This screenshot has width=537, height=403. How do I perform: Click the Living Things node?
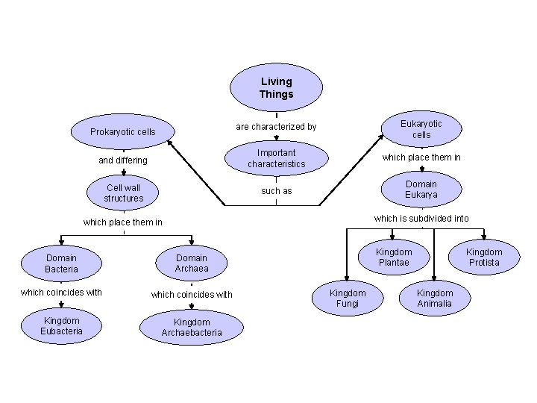click(x=277, y=88)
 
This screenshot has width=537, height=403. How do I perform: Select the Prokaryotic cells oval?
click(x=123, y=132)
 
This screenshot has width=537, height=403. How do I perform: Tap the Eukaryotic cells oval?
click(x=421, y=128)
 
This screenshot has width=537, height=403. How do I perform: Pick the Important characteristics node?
click(x=277, y=158)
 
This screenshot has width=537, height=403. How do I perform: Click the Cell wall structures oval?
click(x=124, y=193)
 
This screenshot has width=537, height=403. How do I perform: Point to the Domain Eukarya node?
click(x=421, y=190)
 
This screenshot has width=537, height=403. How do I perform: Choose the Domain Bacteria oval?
click(x=62, y=263)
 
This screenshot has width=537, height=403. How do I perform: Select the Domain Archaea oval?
click(x=192, y=263)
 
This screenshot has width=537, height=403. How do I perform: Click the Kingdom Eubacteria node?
click(x=62, y=325)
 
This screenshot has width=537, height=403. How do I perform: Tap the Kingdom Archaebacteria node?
click(x=192, y=328)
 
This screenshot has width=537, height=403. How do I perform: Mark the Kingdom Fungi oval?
click(x=348, y=299)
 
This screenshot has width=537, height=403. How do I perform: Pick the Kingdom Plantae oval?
click(x=394, y=257)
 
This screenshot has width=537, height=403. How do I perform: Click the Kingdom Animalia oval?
click(x=435, y=299)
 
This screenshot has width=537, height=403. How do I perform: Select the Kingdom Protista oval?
click(x=484, y=257)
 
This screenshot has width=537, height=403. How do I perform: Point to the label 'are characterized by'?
click(x=276, y=127)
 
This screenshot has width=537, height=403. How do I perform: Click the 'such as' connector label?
click(x=277, y=191)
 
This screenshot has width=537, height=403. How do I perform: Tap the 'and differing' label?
click(x=123, y=160)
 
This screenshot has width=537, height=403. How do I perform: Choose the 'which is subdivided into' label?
click(x=421, y=219)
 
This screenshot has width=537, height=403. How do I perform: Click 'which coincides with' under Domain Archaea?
click(x=192, y=295)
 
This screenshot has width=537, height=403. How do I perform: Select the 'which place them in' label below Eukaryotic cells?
click(x=421, y=157)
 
